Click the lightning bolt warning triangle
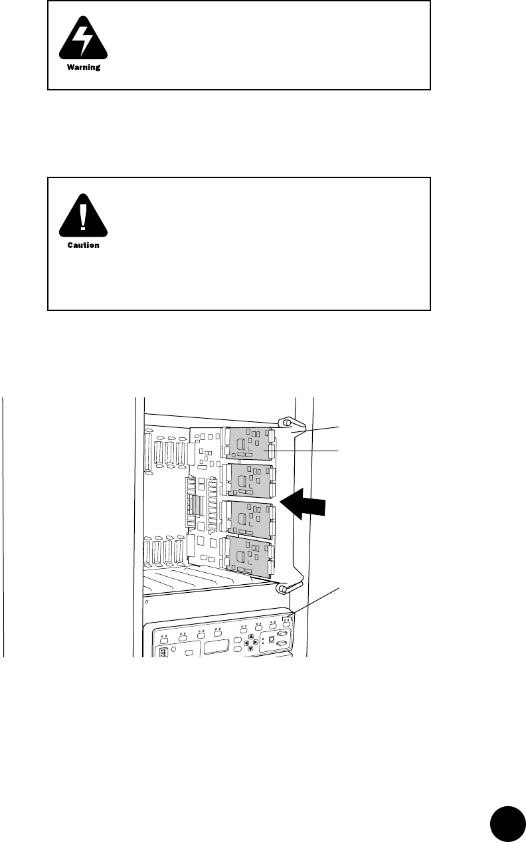(83, 41)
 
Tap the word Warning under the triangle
(83, 68)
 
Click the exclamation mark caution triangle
(83, 217)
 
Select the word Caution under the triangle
(83, 245)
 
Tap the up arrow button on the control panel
(251, 637)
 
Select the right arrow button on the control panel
(256, 643)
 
